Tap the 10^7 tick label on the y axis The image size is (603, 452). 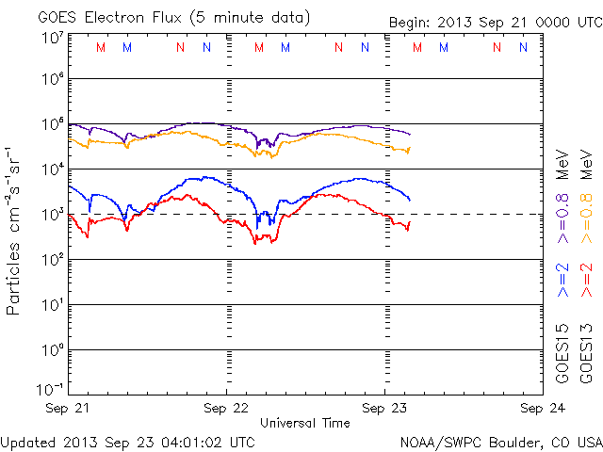pyautogui.click(x=52, y=38)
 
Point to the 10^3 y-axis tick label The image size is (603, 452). pyautogui.click(x=52, y=213)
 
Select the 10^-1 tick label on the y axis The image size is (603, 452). pyautogui.click(x=52, y=389)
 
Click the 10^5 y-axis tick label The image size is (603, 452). pyautogui.click(x=52, y=124)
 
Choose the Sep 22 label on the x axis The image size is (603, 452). pyautogui.click(x=226, y=409)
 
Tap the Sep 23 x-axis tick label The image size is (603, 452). pyautogui.click(x=383, y=409)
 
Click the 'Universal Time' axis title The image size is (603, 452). pyautogui.click(x=304, y=423)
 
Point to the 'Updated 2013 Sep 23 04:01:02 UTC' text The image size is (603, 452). pyautogui.click(x=127, y=441)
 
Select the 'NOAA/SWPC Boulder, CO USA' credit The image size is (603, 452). pyautogui.click(x=499, y=441)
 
